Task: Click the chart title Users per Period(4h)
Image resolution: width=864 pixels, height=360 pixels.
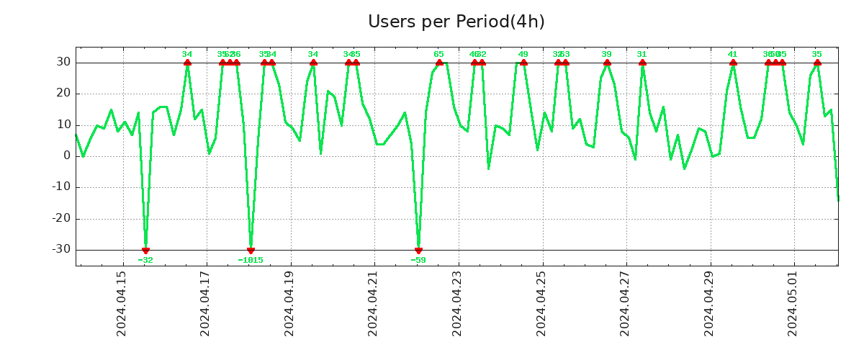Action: (x=456, y=22)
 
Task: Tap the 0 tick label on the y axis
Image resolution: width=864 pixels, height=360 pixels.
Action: (x=67, y=156)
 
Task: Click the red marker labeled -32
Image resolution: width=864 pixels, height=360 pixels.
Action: (x=145, y=250)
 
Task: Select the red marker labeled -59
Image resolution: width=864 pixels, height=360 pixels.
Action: (x=418, y=250)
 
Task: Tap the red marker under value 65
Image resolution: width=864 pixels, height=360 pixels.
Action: (x=439, y=63)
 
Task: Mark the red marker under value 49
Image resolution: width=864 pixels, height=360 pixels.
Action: (x=523, y=63)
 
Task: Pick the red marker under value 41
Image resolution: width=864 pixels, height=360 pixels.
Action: (x=733, y=63)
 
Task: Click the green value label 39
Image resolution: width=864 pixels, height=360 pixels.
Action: (x=607, y=54)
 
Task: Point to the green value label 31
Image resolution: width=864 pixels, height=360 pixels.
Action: (x=642, y=54)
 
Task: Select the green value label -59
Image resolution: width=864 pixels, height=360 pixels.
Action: (x=418, y=260)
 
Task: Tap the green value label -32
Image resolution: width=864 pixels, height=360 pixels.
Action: (x=145, y=260)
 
